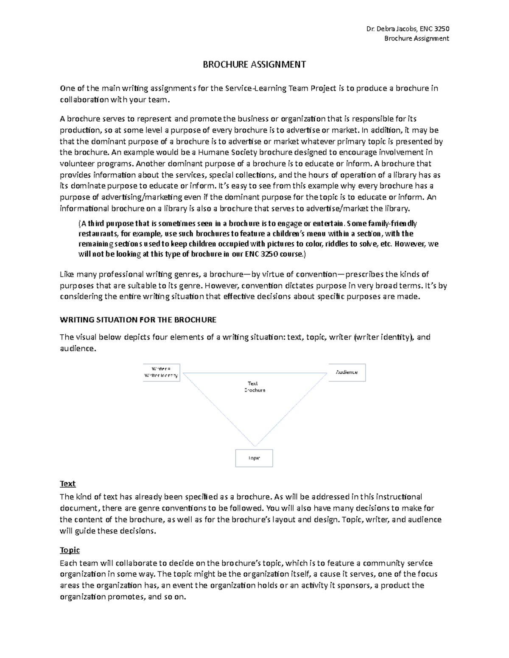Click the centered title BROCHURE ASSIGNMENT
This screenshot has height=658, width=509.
tap(254, 64)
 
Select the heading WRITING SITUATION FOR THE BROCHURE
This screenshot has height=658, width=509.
tap(138, 319)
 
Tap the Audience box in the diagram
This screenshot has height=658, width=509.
tap(347, 372)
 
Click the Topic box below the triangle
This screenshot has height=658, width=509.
tap(254, 458)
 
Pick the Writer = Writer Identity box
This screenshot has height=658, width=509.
tap(162, 372)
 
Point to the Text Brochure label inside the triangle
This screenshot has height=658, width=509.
tap(254, 386)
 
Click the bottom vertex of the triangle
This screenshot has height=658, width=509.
tap(255, 446)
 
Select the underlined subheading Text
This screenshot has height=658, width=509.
tap(68, 483)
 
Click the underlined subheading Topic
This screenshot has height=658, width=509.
tap(70, 550)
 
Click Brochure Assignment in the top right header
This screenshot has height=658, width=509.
tap(416, 39)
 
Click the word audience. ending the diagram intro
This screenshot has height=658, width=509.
tap(78, 348)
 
